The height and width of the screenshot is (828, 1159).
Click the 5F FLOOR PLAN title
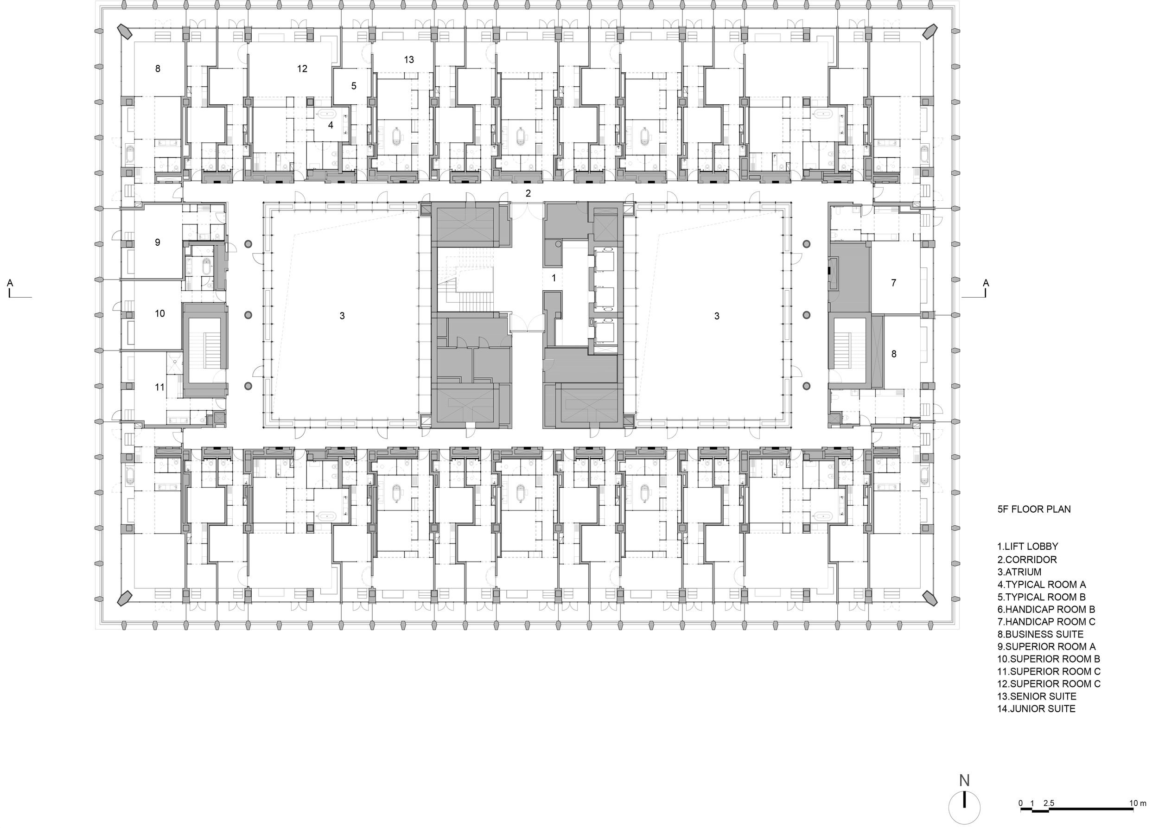pos(1034,509)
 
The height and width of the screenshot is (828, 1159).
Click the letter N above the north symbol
pos(964,780)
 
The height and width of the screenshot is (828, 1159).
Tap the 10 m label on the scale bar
pos(1138,803)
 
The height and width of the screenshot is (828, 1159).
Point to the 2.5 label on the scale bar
pos(1049,803)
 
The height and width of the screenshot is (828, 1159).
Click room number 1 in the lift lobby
pos(554,278)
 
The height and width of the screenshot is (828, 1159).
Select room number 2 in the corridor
pos(528,193)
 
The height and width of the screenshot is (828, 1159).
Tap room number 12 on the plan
pos(302,68)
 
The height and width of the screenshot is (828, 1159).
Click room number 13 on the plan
pos(409,60)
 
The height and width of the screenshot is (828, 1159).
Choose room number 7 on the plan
pos(893,282)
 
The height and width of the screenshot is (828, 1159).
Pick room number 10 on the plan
pos(160,313)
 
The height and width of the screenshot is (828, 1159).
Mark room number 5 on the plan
pos(354,86)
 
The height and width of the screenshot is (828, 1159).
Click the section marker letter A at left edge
pos(10,282)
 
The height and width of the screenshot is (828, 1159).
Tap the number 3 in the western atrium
pos(342,316)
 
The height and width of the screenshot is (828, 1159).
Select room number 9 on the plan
pos(158,242)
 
